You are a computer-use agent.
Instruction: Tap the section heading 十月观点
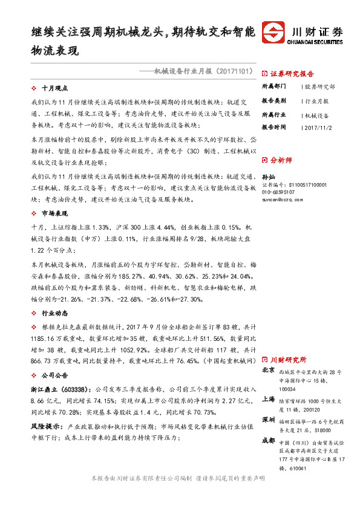click(53, 88)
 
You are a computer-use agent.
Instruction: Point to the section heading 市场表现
click(53, 214)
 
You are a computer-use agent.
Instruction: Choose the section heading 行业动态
click(53, 314)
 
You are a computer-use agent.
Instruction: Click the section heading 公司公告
click(53, 374)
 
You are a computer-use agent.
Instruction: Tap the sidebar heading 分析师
click(281, 160)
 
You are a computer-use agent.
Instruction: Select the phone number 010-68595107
click(278, 192)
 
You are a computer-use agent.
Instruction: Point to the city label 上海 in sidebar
click(269, 399)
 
